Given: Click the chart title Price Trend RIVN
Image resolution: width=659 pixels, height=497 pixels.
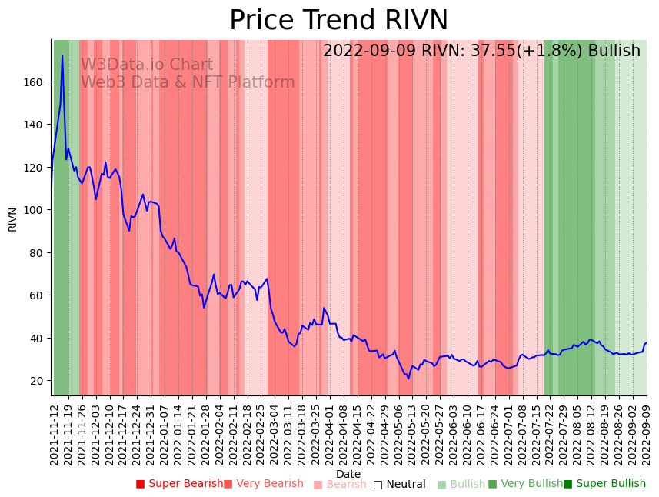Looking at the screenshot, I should click(338, 21).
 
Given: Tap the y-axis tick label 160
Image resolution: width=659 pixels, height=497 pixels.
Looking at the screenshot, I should click(36, 82).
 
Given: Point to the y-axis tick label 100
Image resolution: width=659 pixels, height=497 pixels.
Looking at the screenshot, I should click(36, 210).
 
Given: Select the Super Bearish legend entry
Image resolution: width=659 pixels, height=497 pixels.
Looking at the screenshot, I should click(179, 484).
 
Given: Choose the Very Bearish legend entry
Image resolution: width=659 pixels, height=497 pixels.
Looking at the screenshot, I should click(264, 484).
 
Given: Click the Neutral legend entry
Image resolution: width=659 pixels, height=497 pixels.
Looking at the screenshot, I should click(399, 484).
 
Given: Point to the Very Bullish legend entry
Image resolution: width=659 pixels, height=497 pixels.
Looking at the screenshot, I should click(526, 484).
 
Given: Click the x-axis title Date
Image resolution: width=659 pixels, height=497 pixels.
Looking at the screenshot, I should click(348, 475).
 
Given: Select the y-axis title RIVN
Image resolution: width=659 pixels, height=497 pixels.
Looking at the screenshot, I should click(13, 218).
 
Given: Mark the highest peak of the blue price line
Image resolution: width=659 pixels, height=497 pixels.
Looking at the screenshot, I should click(62, 55).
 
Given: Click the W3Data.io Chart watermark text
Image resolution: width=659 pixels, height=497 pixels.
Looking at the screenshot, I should click(146, 65).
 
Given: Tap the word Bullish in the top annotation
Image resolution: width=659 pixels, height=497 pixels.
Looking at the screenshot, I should click(614, 51).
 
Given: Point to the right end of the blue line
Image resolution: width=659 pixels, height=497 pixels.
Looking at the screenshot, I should click(647, 342).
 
